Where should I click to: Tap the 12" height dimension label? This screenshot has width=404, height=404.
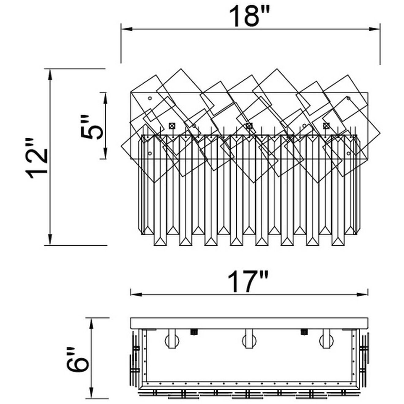pos(36,159)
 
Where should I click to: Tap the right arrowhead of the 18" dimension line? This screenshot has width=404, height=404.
pos(374,29)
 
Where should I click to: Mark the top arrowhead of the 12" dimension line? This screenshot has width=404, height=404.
pos(50,75)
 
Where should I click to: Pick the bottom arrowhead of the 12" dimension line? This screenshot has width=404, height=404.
pos(50,239)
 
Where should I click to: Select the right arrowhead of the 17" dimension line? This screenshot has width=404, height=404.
pos(363,294)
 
